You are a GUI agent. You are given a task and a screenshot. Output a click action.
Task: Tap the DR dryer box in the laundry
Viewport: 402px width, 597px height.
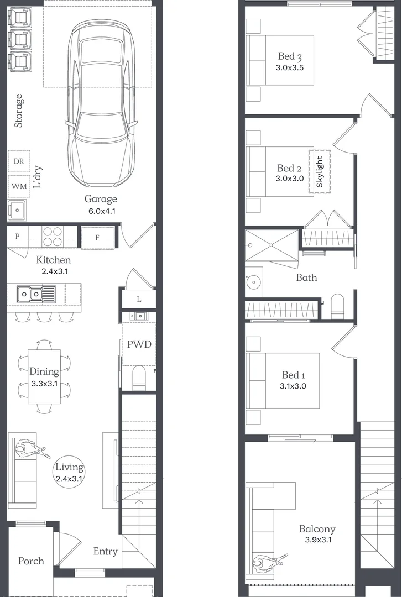click(18, 161)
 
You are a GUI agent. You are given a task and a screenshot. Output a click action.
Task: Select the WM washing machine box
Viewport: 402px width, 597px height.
click(18, 186)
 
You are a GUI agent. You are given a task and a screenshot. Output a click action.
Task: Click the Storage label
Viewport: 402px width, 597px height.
click(19, 111)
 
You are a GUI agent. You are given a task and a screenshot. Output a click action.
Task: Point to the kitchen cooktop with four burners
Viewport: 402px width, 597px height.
click(52, 237)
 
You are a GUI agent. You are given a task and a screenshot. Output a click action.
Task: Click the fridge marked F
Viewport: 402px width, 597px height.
click(97, 238)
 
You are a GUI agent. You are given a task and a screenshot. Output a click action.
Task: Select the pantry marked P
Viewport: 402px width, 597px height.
click(17, 237)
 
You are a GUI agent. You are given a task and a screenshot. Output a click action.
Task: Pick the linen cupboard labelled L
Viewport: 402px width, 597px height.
click(138, 299)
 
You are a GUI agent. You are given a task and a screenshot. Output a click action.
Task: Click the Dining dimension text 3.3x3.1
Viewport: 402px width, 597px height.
click(44, 383)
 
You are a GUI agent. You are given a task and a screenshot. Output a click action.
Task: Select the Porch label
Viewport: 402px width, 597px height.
click(31, 561)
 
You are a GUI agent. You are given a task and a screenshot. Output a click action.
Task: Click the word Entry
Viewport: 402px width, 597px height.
click(105, 551)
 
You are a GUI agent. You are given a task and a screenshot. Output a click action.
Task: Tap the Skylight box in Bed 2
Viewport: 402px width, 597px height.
click(319, 171)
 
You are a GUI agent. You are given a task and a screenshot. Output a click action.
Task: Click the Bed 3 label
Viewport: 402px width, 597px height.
click(290, 56)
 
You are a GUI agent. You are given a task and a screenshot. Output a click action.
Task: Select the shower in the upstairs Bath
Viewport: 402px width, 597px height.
click(272, 245)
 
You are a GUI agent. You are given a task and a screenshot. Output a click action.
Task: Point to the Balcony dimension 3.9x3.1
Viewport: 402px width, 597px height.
click(317, 540)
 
